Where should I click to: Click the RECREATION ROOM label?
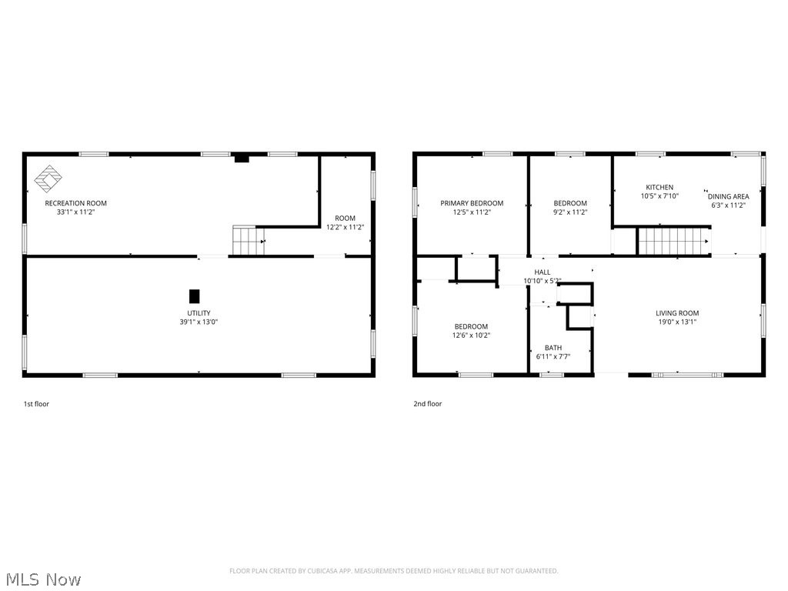(x=75, y=203)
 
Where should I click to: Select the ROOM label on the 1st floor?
(x=345, y=219)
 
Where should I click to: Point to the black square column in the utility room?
(x=194, y=295)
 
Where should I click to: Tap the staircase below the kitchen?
(x=674, y=241)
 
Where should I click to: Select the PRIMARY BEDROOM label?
(x=472, y=203)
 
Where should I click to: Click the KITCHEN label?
(x=659, y=187)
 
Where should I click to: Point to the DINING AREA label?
(x=728, y=196)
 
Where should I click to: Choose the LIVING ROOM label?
(x=677, y=313)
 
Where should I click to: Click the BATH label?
(x=553, y=348)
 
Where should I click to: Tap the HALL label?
(x=543, y=272)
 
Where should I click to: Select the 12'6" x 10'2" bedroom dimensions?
(x=471, y=336)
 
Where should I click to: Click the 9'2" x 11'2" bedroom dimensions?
(x=570, y=212)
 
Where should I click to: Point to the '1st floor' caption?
(x=36, y=403)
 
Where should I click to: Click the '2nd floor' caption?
(x=428, y=403)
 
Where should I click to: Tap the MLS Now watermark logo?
(x=42, y=579)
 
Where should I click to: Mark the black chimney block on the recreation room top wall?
(x=242, y=158)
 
